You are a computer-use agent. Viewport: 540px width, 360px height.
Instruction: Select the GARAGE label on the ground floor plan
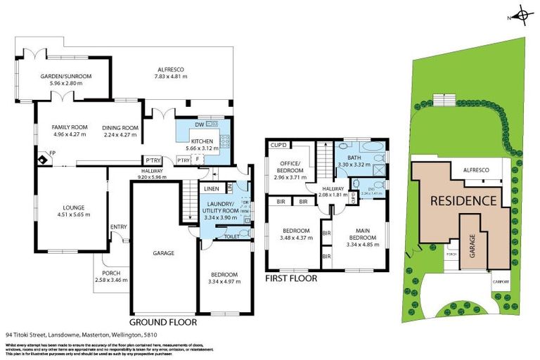tap(165, 252)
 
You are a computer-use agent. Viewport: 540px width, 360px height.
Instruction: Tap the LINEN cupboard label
tap(212, 188)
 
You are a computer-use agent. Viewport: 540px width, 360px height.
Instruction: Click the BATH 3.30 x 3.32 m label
tap(359, 160)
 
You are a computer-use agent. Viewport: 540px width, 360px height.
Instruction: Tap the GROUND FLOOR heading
tap(164, 323)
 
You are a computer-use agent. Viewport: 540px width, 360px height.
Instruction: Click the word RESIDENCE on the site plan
tap(463, 200)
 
